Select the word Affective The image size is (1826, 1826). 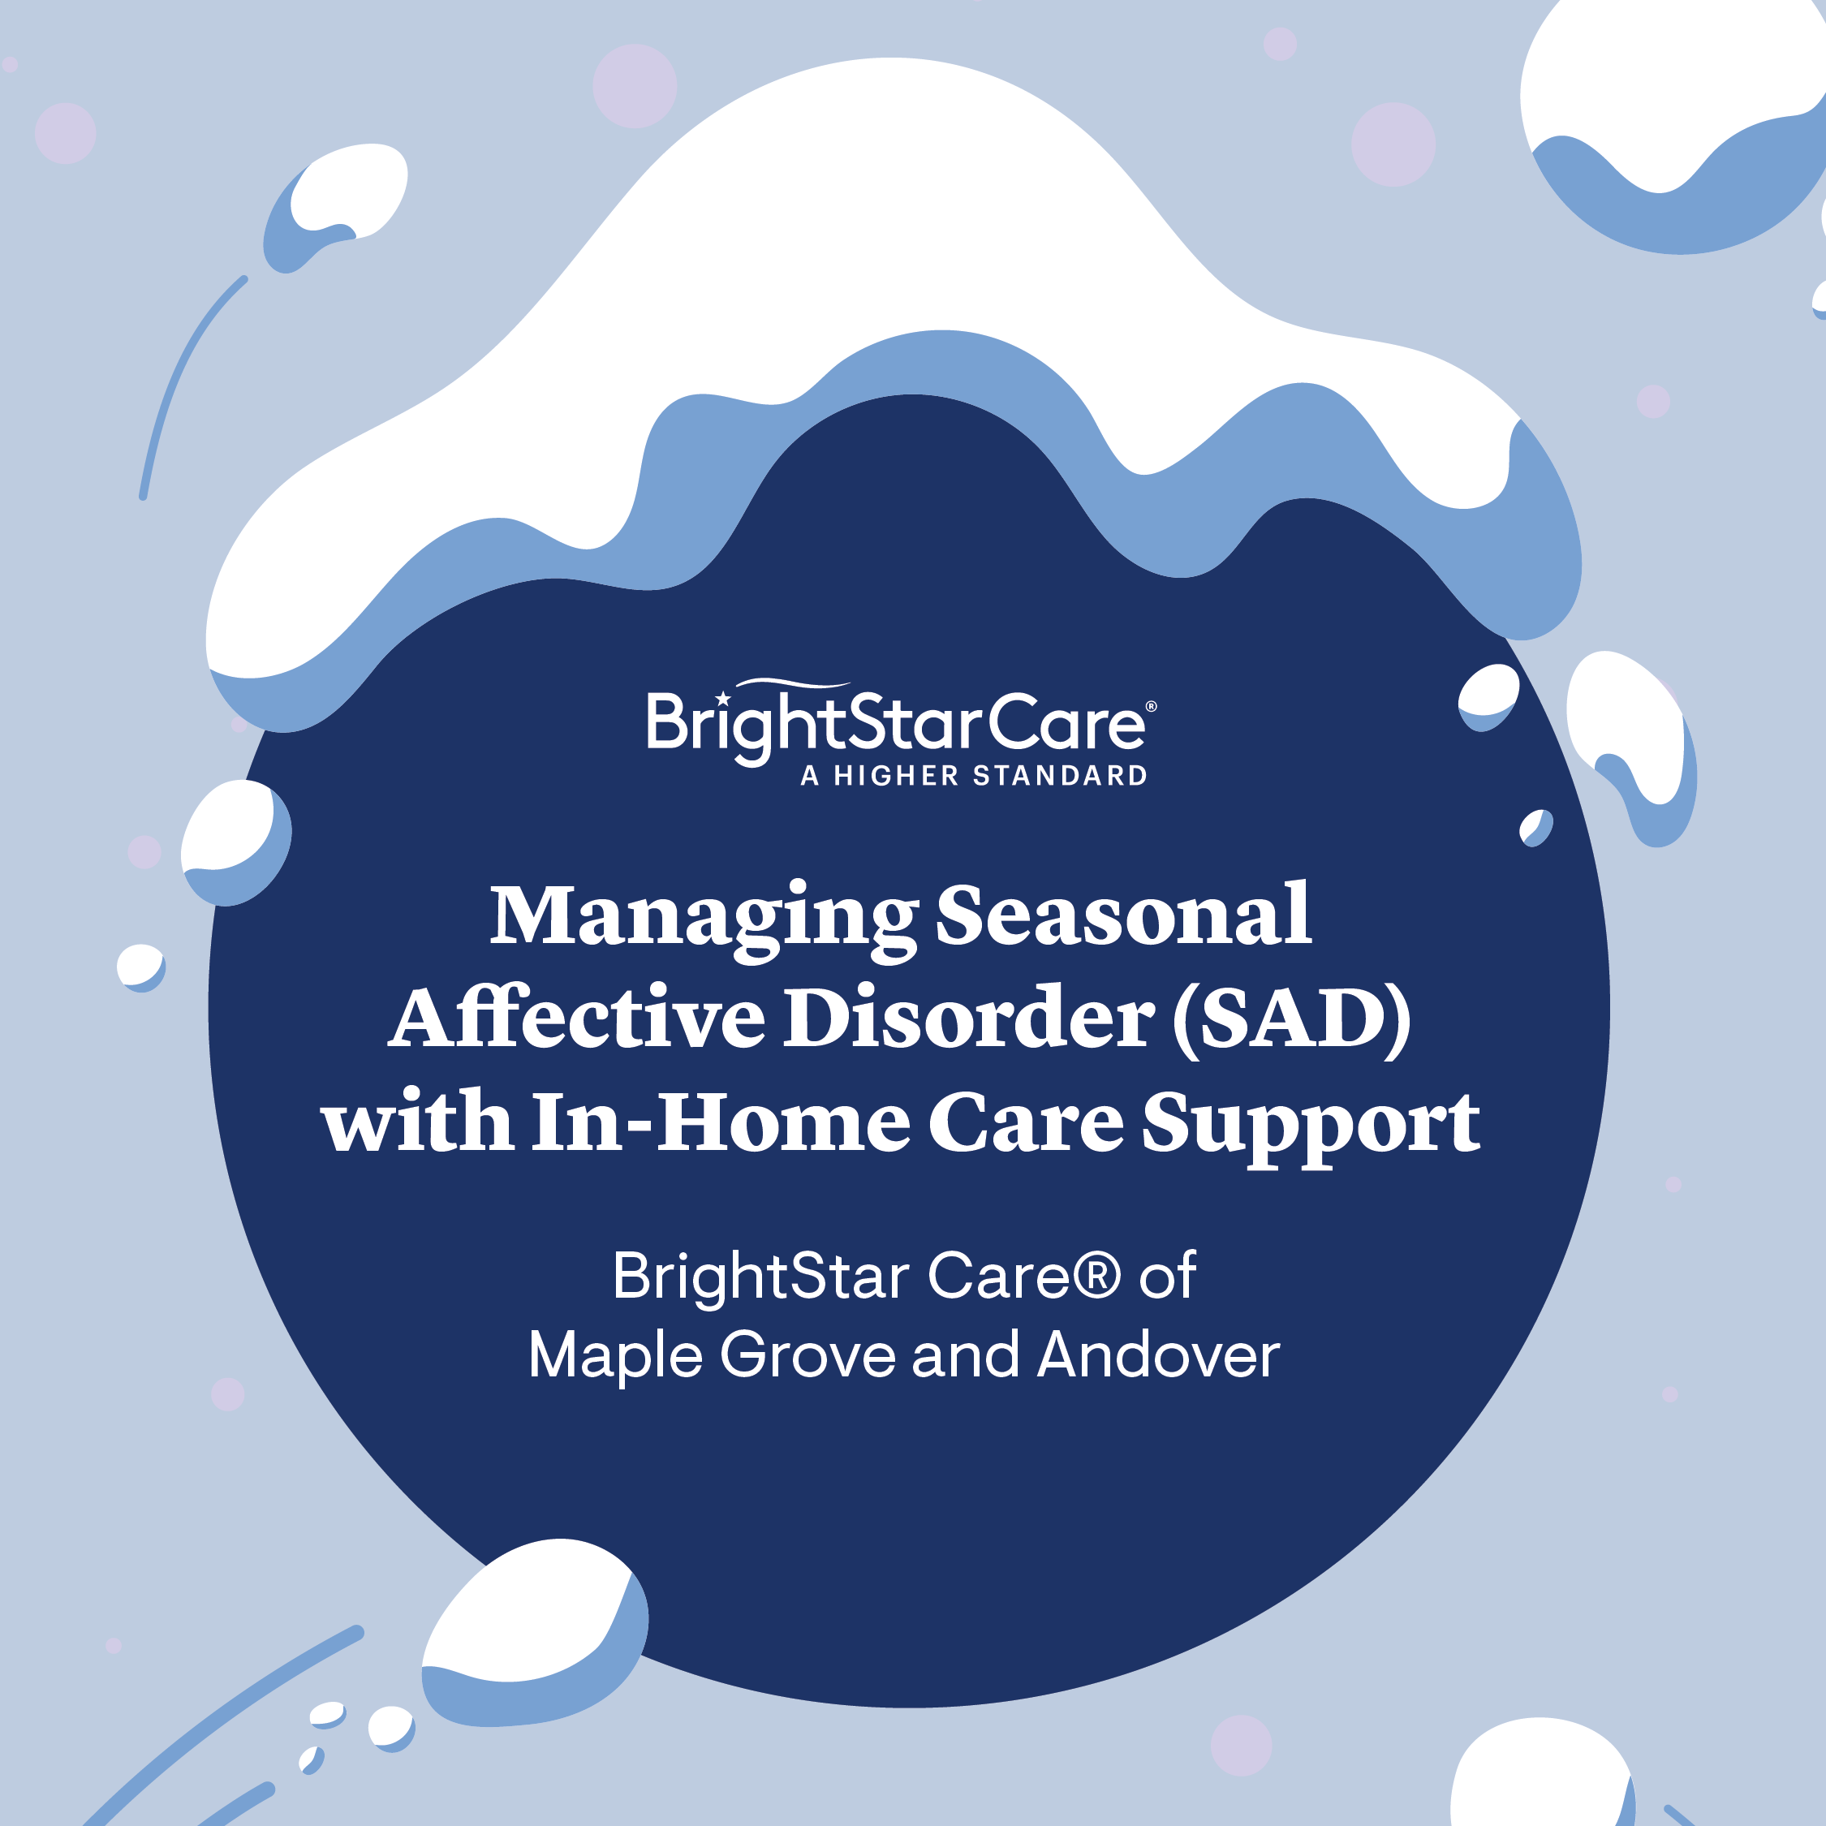pyautogui.click(x=576, y=1019)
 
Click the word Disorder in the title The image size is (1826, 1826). pyautogui.click(x=969, y=1019)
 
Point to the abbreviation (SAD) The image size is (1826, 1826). pyautogui.click(x=1291, y=1019)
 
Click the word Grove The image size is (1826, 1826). pyautogui.click(x=807, y=1355)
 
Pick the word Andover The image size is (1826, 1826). pyautogui.click(x=1158, y=1355)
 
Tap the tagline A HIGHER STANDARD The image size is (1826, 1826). pyautogui.click(x=974, y=776)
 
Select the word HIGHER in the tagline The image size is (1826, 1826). pyautogui.click(x=897, y=776)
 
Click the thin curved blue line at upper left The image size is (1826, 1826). pyautogui.click(x=179, y=378)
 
